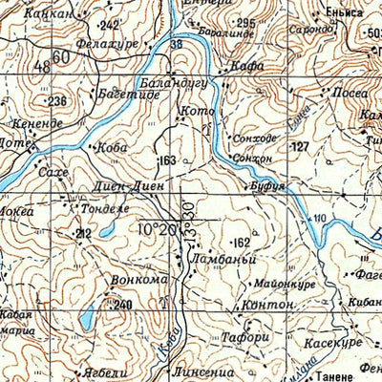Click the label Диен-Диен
(123, 187)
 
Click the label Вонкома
(139, 281)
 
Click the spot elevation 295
(245, 22)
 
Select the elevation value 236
(57, 101)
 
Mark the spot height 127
(300, 146)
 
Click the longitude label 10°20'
(158, 230)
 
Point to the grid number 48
(41, 66)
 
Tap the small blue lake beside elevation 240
(87, 317)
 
